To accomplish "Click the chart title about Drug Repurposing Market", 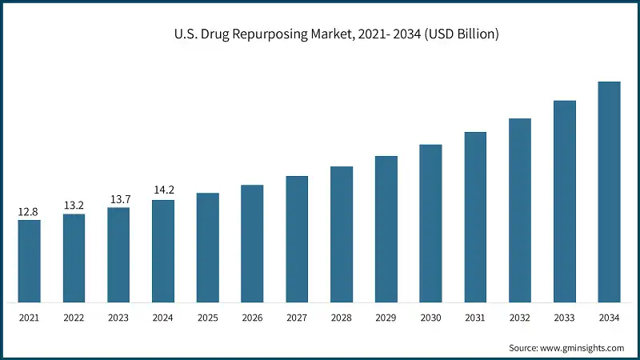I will pos(336,34).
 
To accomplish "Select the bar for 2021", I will pos(29,261).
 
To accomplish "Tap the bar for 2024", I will pos(163,251).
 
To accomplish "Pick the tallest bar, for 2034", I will pos(610,192).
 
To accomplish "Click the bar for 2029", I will pos(386,229).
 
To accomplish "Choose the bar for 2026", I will pos(252,243).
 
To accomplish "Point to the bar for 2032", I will pos(520,210).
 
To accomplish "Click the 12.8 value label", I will pos(29,212).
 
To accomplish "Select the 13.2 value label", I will pos(74,206).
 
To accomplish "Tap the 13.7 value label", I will pos(118,199).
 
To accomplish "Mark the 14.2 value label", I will pos(163,191).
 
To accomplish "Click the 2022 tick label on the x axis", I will pos(74,318).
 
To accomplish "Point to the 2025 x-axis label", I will pos(208,318).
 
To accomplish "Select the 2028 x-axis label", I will pos(342,318).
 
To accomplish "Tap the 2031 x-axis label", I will pos(475,318).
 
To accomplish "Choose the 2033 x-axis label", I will pos(565,318).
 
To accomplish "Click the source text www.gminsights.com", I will pos(566,348).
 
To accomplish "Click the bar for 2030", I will pos(431,223).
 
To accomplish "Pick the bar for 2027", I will pos(297,239).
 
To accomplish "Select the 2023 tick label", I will pos(118,318).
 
